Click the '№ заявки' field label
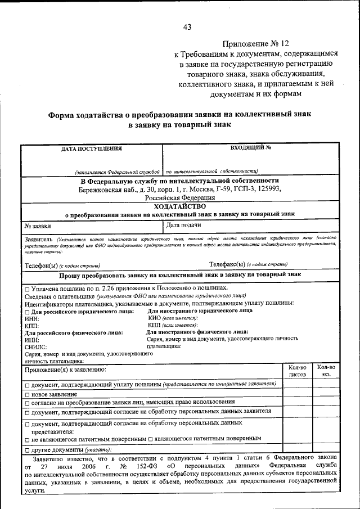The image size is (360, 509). (34, 226)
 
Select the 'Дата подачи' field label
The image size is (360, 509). (184, 226)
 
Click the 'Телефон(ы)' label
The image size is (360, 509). (42, 264)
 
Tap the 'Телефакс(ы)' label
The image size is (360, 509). (227, 264)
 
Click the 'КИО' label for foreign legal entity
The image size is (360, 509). (154, 318)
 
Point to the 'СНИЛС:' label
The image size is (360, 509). (36, 348)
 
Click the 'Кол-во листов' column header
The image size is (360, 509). (297, 370)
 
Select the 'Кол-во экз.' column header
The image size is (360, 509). (326, 370)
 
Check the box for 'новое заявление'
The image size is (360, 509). (26, 394)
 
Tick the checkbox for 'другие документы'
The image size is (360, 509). (26, 450)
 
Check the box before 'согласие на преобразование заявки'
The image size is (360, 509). (26, 402)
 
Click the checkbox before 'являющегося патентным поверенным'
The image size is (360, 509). (151, 438)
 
